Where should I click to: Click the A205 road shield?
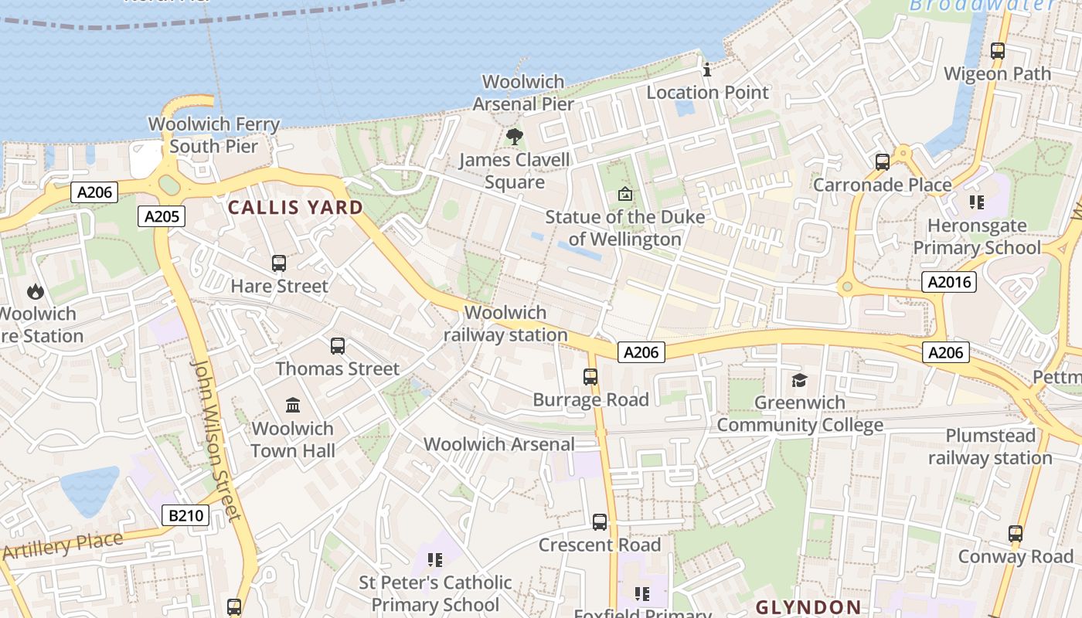point(162,216)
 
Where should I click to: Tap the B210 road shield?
point(185,515)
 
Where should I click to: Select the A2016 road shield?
point(948,282)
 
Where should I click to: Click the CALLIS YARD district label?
point(295,207)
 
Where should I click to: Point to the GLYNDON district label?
point(808,607)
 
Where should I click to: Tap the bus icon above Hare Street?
point(279,263)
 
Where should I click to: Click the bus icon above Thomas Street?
point(337,346)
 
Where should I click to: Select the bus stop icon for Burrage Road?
point(590,377)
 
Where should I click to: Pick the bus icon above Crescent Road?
point(600,522)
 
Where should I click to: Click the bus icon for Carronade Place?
point(882,162)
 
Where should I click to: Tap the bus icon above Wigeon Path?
point(998,51)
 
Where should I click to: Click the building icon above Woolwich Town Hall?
point(293,406)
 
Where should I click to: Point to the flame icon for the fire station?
point(36,291)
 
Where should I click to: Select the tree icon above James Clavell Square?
point(514,138)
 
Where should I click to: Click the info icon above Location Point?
point(706,70)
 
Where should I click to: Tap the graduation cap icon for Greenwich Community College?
point(799,380)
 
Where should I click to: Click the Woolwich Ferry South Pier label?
point(213,135)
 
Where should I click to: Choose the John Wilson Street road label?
point(216,440)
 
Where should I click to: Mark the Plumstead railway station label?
point(990,447)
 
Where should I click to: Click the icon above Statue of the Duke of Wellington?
point(624,194)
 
